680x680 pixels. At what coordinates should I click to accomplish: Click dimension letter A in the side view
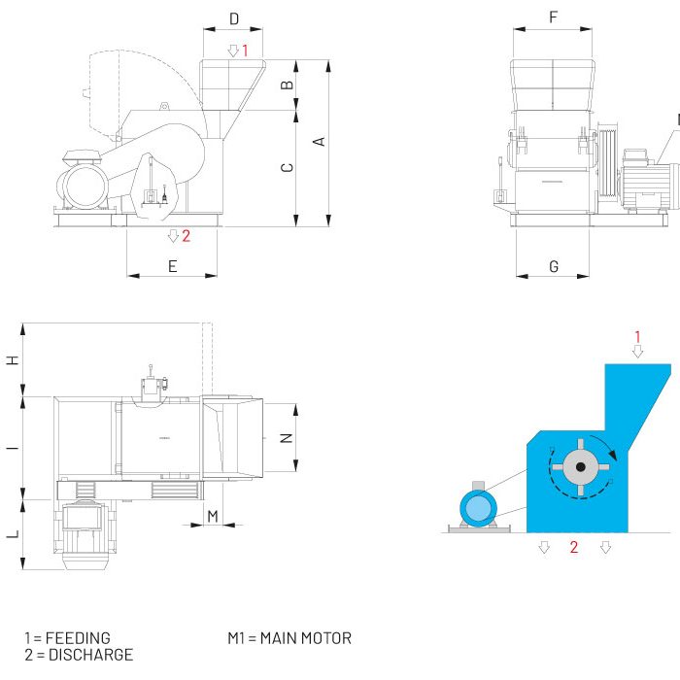[319, 142]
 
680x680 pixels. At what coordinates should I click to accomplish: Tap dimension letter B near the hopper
[287, 85]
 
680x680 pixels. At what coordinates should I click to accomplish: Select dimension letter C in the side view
[287, 168]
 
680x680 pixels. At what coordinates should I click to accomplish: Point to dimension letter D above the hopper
[233, 18]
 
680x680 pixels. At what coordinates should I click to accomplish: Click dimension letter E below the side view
[173, 266]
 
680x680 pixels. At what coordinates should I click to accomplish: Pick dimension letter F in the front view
[553, 17]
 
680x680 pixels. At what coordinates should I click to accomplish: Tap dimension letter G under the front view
[554, 266]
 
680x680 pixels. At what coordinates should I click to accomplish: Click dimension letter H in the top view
[13, 360]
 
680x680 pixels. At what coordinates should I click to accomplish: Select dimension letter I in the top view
[13, 448]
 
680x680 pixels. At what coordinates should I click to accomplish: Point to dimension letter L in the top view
[13, 534]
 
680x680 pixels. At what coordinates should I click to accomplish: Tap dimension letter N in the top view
[287, 437]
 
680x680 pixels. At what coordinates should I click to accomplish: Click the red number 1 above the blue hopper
[637, 337]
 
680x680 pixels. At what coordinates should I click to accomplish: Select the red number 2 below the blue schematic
[574, 548]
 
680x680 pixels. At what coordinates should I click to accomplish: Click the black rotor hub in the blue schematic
[580, 467]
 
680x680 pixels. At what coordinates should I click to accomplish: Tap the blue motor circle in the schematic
[478, 508]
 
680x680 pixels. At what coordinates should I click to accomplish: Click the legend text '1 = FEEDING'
[67, 638]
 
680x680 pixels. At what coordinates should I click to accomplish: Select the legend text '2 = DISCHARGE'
[78, 655]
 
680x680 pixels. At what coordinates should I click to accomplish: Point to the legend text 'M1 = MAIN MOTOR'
[289, 638]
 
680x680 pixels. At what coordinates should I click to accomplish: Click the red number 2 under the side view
[186, 235]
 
